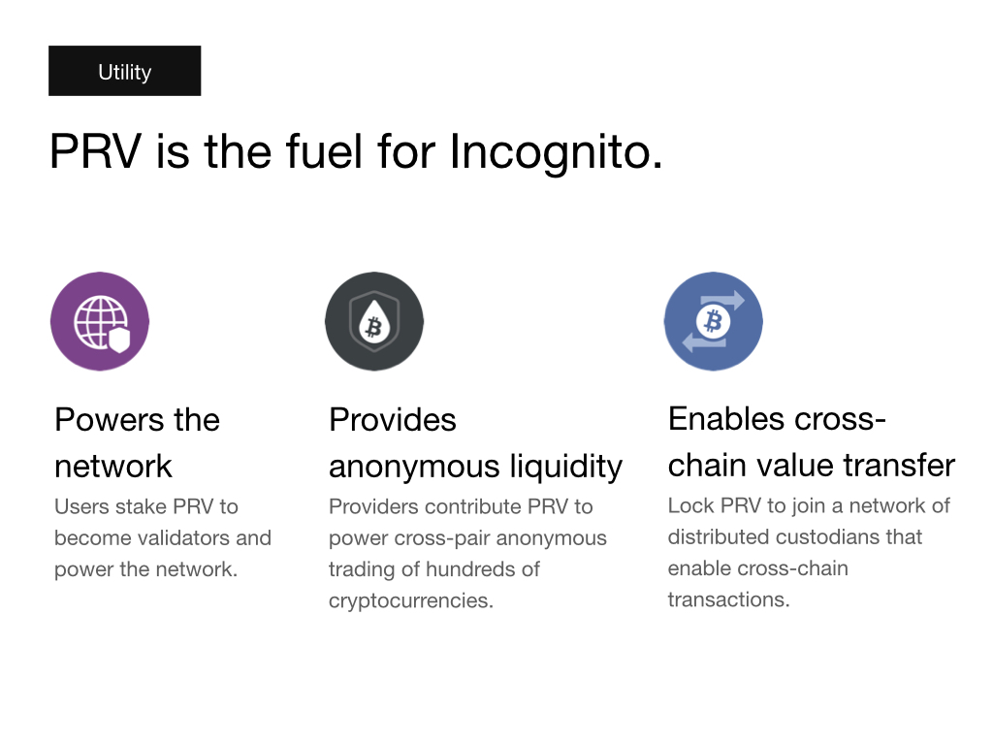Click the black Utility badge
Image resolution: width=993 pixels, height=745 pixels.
point(125,71)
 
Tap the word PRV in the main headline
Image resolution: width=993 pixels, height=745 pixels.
point(96,151)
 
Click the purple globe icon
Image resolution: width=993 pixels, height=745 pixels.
point(100,321)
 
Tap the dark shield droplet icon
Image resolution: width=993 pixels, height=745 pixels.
point(374,321)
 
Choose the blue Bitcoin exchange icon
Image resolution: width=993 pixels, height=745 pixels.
point(713,321)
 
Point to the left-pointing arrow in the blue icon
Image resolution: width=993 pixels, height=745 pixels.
point(704,342)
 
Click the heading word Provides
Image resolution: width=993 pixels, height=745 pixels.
point(393,419)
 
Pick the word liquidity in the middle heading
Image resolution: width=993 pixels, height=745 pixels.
point(566,467)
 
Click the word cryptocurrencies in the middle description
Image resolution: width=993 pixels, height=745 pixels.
point(411,600)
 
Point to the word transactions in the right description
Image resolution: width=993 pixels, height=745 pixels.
point(729,599)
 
